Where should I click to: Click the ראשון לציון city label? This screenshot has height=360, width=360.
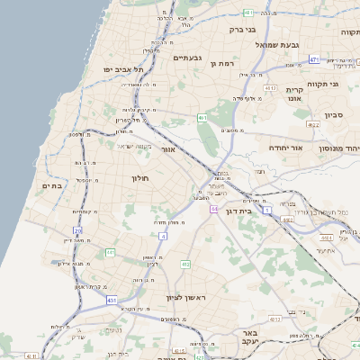click(186, 297)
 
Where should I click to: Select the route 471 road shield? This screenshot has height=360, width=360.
click(314, 59)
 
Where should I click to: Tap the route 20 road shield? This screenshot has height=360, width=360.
click(77, 231)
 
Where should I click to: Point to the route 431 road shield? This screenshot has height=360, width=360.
click(112, 300)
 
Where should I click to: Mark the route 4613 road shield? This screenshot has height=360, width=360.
click(271, 88)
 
